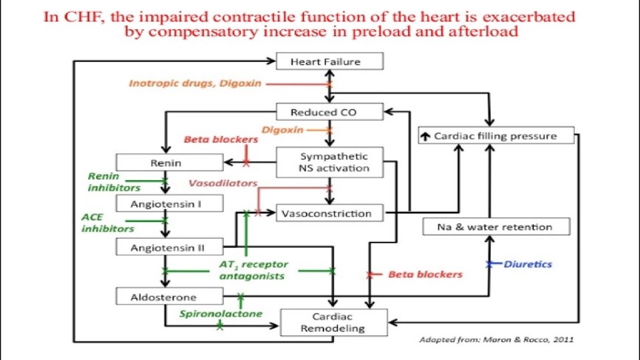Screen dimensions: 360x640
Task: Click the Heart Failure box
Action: [x=329, y=62]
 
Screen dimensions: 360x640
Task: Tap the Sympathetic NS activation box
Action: [x=329, y=162]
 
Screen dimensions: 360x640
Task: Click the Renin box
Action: [x=169, y=162]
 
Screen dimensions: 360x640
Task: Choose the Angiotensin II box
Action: [x=169, y=248]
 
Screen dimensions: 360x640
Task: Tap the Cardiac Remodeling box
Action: [x=333, y=322]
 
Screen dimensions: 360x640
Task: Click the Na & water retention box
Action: [x=497, y=227]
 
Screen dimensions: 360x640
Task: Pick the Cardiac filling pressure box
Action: [x=496, y=136]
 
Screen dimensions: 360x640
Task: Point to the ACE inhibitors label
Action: [x=107, y=223]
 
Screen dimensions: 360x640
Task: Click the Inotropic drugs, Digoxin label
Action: [x=195, y=83]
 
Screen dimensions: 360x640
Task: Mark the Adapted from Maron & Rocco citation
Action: [x=495, y=339]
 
